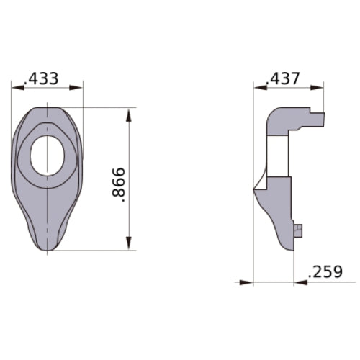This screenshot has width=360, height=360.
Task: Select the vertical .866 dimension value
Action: click(x=120, y=186)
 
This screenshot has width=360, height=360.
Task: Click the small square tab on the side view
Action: click(x=298, y=230)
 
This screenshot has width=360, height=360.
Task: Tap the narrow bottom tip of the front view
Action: click(x=48, y=247)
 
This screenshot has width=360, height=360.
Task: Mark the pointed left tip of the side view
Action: click(x=254, y=190)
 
